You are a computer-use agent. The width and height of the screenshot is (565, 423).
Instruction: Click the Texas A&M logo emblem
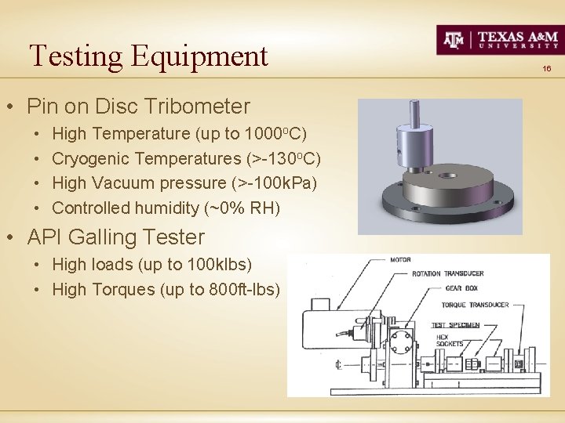[454, 39]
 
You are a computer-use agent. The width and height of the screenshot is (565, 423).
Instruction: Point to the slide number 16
[547, 69]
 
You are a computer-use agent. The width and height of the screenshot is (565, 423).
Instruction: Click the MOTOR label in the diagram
[400, 259]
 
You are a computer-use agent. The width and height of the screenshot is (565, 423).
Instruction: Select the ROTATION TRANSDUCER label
[447, 273]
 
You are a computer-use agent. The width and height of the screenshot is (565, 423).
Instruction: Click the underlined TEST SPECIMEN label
[456, 325]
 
